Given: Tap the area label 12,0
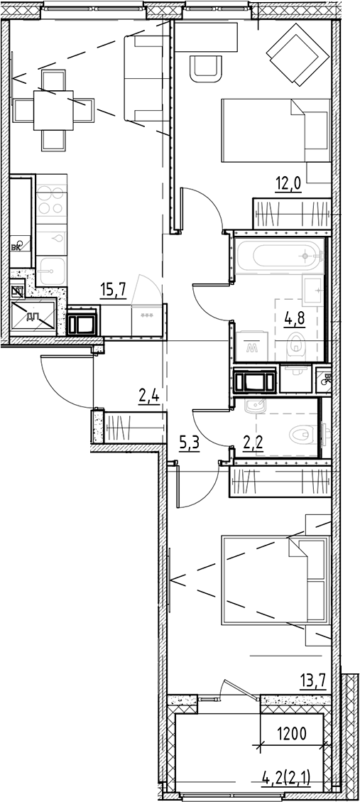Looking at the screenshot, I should (x=288, y=185).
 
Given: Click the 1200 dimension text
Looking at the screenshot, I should (x=290, y=733).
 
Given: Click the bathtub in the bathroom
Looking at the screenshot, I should (x=277, y=255).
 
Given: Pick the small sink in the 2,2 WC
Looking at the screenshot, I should (x=253, y=408).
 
